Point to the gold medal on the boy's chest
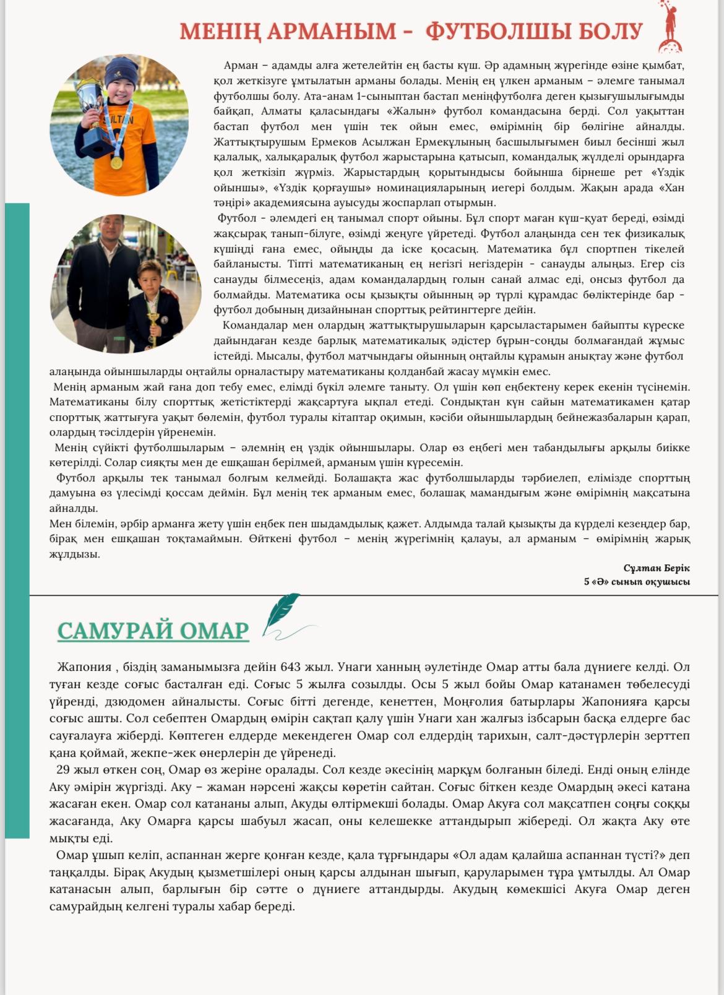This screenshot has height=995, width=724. (x=116, y=163)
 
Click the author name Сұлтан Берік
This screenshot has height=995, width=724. (x=657, y=568)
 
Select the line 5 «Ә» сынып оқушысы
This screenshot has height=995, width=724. (x=637, y=582)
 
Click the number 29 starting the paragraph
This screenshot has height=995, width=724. (x=62, y=770)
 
